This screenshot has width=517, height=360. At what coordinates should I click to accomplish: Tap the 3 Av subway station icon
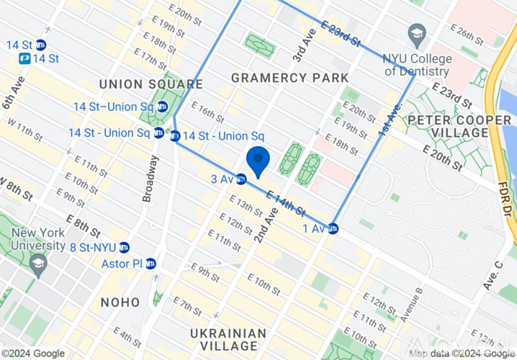242,179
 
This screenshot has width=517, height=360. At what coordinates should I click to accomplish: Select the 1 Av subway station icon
333,229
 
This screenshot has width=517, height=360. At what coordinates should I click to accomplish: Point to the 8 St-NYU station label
94,247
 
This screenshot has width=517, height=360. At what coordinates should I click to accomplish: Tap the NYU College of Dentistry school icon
416,33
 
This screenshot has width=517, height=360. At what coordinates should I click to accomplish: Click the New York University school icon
37,265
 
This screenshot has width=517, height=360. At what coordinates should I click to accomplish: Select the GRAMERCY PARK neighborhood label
289,78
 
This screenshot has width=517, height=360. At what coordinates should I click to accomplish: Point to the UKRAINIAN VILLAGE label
228,340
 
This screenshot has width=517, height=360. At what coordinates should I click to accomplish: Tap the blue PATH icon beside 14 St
25,58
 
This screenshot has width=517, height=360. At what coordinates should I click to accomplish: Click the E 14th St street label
285,202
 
